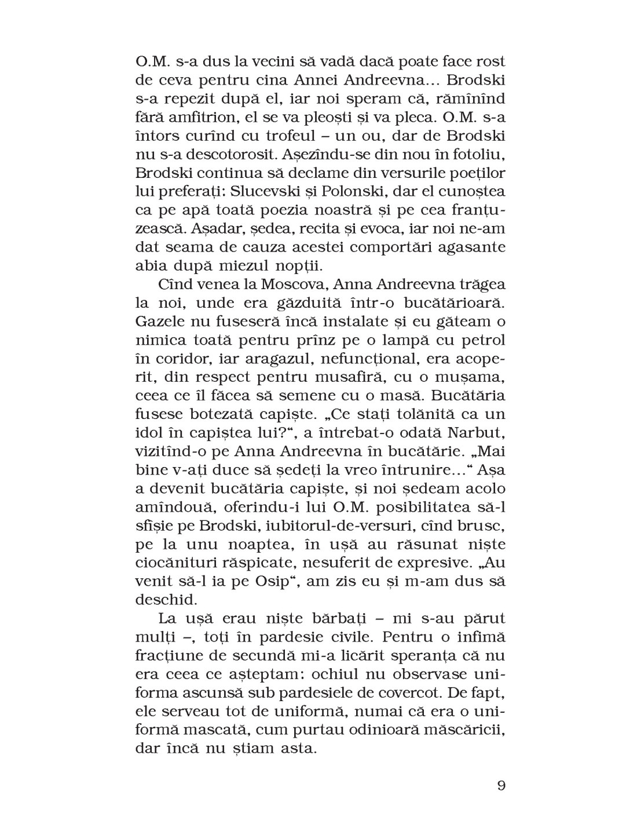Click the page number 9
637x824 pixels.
pos(501,786)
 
